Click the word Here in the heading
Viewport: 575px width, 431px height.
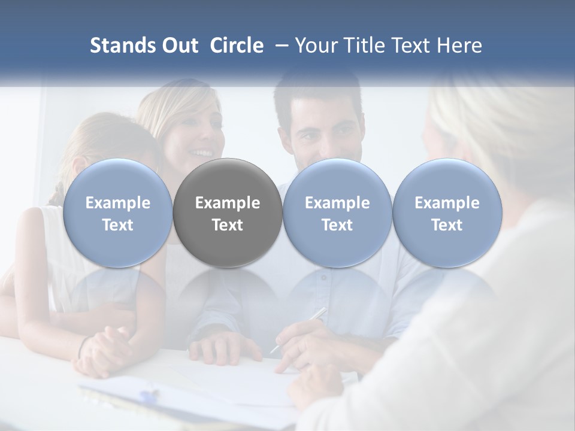[460, 45]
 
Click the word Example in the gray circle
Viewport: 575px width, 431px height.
[228, 203]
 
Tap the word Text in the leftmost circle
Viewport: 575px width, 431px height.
[118, 225]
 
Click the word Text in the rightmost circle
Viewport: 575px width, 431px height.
[447, 225]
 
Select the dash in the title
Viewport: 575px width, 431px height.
[279, 45]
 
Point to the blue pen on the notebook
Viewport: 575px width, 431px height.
[149, 395]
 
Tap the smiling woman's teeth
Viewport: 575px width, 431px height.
[202, 153]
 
